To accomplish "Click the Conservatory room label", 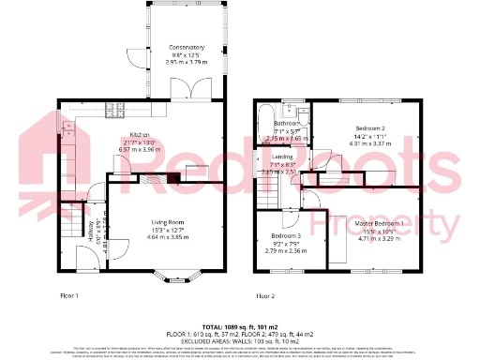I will (x=187, y=47).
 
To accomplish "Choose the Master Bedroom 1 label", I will (x=380, y=223).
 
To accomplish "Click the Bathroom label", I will (x=287, y=123).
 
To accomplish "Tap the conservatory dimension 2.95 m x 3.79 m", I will (x=187, y=61).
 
